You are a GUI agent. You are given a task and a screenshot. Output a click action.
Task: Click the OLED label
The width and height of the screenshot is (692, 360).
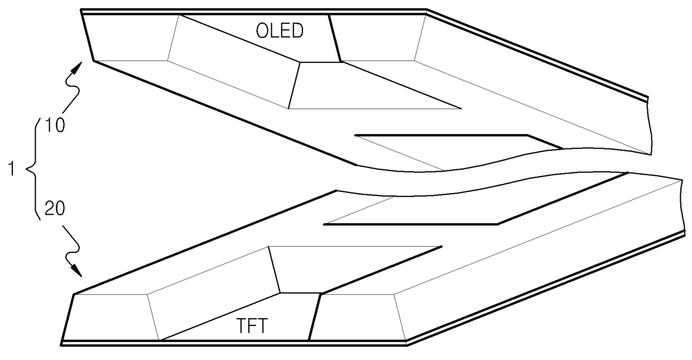280,31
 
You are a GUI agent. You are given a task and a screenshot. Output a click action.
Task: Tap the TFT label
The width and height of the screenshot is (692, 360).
252,325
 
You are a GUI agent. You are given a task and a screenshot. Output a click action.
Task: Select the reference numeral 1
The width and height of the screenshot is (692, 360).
11,169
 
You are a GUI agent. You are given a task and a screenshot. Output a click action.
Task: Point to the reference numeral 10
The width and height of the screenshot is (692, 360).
55,125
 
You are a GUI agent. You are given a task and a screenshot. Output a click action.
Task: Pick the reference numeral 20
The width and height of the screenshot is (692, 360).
55,208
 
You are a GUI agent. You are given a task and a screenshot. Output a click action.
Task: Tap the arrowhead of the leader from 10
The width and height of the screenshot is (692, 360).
78,68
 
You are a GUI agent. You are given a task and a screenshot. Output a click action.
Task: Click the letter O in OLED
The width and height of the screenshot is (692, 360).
262,31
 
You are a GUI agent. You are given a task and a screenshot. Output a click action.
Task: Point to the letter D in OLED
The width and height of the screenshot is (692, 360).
298,31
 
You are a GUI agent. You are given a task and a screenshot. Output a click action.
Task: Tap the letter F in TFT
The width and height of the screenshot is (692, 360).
252,326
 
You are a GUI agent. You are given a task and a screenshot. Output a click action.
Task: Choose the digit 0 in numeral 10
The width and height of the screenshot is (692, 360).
60,125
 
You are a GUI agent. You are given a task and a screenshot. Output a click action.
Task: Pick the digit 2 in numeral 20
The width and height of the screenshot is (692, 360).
50,208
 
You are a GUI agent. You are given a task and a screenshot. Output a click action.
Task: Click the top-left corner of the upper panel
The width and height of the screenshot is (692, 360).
81,11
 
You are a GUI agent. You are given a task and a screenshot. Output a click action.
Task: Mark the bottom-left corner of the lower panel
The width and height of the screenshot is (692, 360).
61,345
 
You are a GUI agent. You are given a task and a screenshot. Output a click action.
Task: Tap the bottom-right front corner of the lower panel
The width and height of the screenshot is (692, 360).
407,345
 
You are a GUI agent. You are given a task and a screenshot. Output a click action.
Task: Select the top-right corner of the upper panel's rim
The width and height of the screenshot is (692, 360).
427,9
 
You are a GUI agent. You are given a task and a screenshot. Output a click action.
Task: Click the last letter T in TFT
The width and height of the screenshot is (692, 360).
262,326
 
